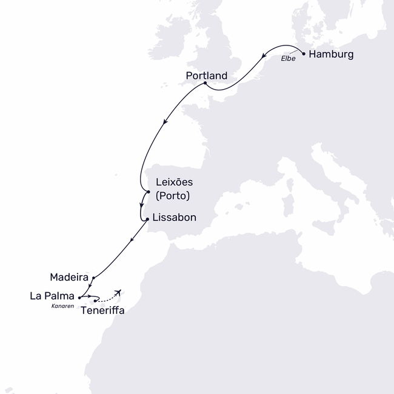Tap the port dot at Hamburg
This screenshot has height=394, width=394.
[x=303, y=53]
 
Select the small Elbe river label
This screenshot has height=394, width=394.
[x=287, y=59]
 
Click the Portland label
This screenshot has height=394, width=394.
[x=207, y=76]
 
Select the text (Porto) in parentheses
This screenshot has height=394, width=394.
[x=173, y=196]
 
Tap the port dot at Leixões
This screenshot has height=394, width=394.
[x=148, y=192]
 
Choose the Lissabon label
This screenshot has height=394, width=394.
[x=175, y=217]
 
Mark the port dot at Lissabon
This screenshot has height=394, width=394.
[x=148, y=219]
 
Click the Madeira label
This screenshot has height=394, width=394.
[x=68, y=276]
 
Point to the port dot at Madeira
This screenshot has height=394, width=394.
[x=93, y=278]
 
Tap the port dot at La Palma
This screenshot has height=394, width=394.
[x=79, y=297]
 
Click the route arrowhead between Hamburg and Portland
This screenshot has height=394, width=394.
[x=264, y=57]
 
